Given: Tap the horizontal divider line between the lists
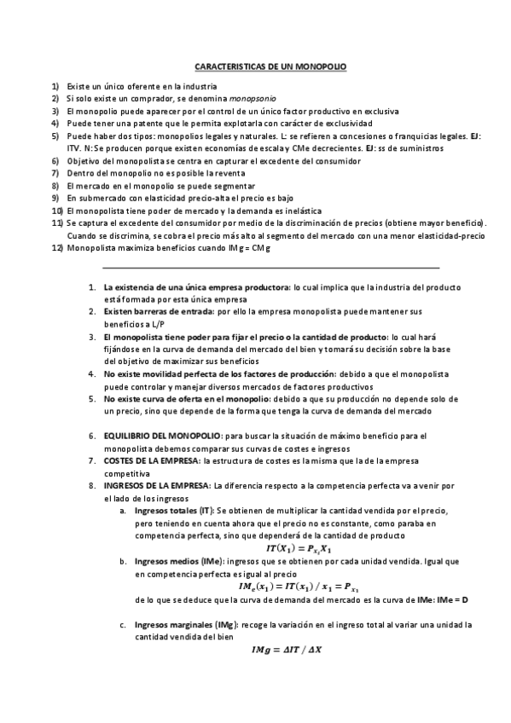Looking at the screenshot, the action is [270, 268].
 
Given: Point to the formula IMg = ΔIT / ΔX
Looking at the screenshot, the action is [293, 651].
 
